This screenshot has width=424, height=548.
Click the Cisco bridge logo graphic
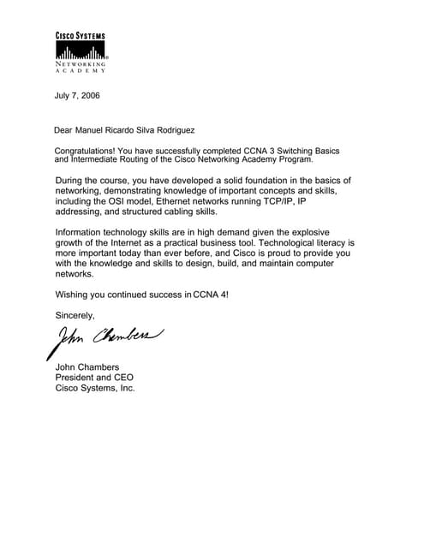coord(81,51)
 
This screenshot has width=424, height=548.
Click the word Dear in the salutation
coord(65,131)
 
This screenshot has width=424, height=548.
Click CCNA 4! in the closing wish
coord(212,295)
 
